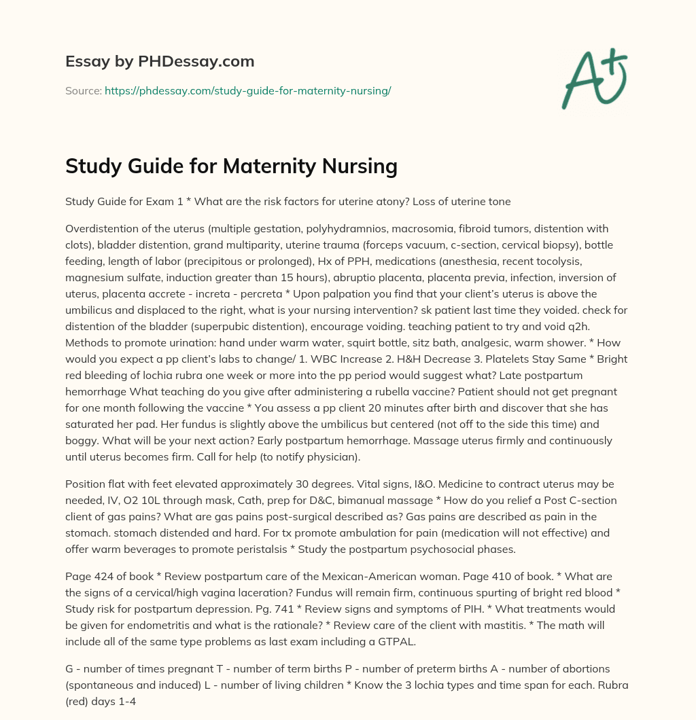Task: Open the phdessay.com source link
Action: click(x=247, y=90)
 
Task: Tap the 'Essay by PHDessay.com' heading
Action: click(x=160, y=62)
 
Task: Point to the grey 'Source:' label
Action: click(x=83, y=90)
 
